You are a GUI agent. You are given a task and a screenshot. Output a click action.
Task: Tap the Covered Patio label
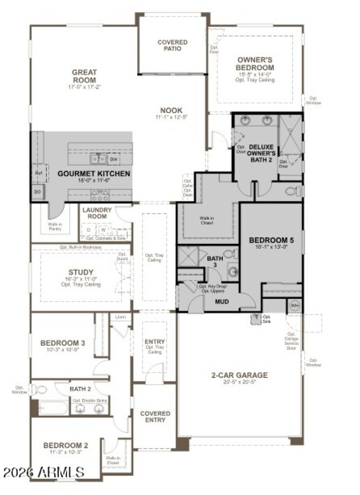pyautogui.click(x=172, y=45)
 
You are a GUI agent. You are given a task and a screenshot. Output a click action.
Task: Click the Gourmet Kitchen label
pyautogui.click(x=94, y=173)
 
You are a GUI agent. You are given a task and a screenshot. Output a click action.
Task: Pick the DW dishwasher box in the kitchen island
pyautogui.click(x=114, y=159)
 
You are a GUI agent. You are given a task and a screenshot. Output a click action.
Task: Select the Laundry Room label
pyautogui.click(x=94, y=213)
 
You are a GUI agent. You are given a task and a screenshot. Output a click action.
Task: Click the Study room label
pyautogui.click(x=81, y=272)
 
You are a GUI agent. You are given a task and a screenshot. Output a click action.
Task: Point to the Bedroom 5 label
pyautogui.click(x=271, y=240)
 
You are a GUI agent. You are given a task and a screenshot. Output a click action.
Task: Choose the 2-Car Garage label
pyautogui.click(x=239, y=375)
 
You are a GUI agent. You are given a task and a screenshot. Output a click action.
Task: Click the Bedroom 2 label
pyautogui.click(x=66, y=445)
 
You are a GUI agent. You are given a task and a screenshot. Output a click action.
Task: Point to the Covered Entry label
pyautogui.click(x=155, y=417)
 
